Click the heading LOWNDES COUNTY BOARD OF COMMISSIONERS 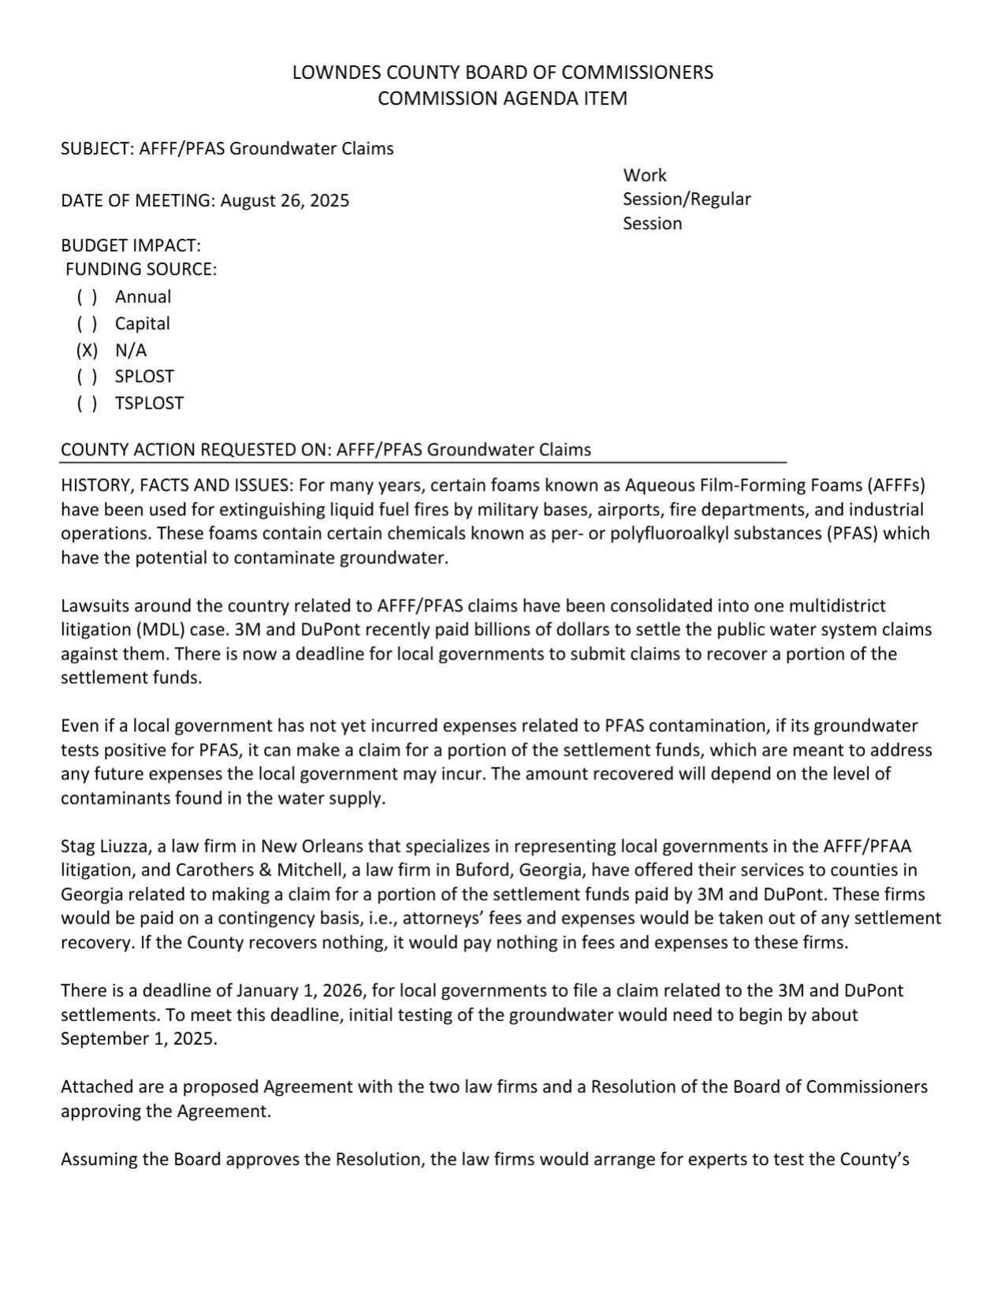click(x=502, y=72)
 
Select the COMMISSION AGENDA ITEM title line click(x=502, y=98)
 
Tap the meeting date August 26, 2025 click(x=285, y=200)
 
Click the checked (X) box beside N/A click(x=87, y=350)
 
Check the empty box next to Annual click(x=87, y=297)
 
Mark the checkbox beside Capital click(x=87, y=324)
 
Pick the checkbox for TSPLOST click(x=87, y=403)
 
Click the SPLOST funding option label click(x=144, y=377)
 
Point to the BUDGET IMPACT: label click(x=131, y=245)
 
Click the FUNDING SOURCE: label click(x=141, y=269)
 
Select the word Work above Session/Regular click(x=644, y=175)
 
